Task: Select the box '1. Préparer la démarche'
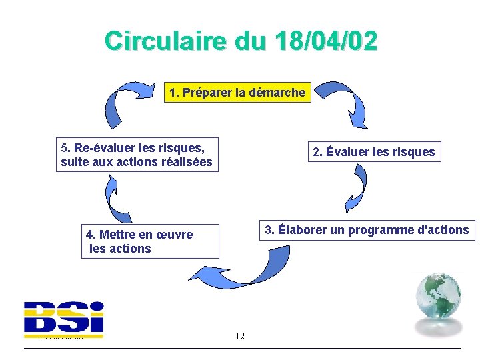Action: click(x=237, y=93)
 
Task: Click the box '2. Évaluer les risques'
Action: click(x=373, y=152)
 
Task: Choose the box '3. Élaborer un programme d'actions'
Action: click(x=367, y=230)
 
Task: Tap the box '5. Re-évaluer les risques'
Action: click(x=137, y=154)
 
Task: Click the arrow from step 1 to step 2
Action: click(x=347, y=103)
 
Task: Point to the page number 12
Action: click(x=240, y=336)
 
